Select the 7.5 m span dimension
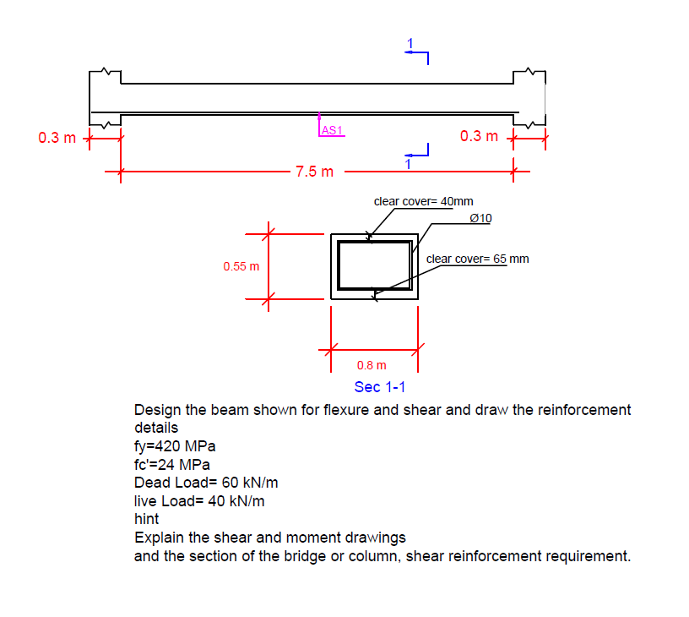(x=314, y=172)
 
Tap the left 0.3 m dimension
(x=57, y=137)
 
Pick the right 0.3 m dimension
(x=480, y=136)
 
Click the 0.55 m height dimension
(x=241, y=266)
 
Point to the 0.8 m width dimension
(x=372, y=365)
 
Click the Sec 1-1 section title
(x=380, y=387)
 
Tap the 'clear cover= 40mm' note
(x=423, y=201)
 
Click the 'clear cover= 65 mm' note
(x=477, y=259)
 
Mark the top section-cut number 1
(x=411, y=43)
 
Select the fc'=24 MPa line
(x=172, y=465)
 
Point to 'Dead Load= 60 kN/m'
(x=206, y=483)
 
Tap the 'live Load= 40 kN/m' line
(x=199, y=500)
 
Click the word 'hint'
(x=146, y=519)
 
